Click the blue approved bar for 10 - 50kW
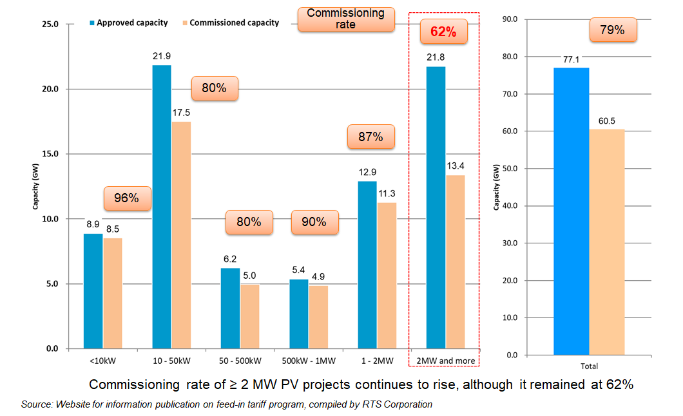pos(162,207)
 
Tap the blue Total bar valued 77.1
pos(571,211)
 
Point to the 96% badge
pos(127,198)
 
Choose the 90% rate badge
pos(313,223)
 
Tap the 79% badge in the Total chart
pos(612,30)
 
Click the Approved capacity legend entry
pos(128,23)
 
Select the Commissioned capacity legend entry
pos(230,23)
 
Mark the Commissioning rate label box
pos(345,19)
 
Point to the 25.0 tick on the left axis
pos(50,24)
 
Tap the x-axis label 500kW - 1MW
pos(309,361)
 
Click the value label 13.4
pos(455,165)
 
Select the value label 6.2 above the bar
pos(230,258)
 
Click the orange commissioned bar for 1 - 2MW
pos(387,276)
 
